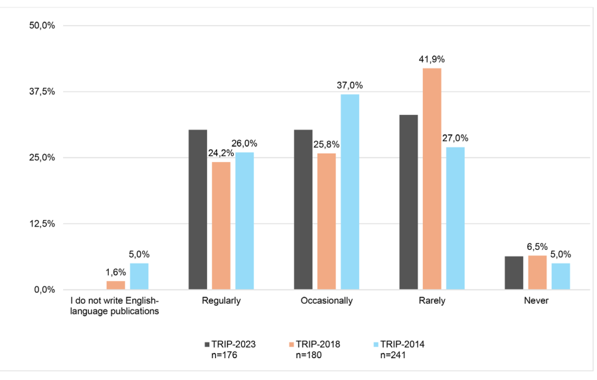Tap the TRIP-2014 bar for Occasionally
coord(349,192)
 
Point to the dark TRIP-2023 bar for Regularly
coord(198,209)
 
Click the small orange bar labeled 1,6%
coord(116,285)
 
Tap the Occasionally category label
coord(327,301)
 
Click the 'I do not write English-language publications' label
coord(115,306)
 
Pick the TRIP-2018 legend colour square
coord(292,345)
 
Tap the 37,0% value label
coord(349,85)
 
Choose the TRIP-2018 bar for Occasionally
coord(327,221)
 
